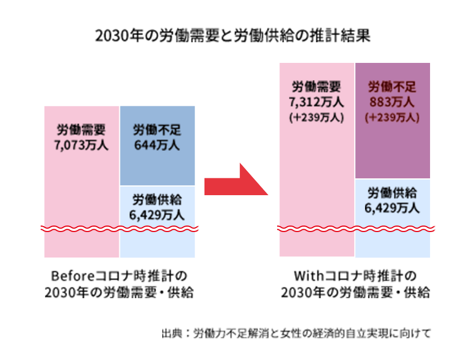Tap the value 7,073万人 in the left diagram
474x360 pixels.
(x=81, y=145)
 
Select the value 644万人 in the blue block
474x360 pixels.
(x=157, y=145)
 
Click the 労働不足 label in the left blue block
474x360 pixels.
(x=157, y=131)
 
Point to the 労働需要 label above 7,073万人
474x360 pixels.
(x=81, y=131)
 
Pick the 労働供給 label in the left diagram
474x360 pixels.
(x=157, y=199)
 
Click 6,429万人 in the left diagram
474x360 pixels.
(x=157, y=214)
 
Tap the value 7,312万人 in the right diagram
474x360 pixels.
(x=317, y=101)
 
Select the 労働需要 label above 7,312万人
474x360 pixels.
(x=317, y=87)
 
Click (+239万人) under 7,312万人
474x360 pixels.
(x=317, y=117)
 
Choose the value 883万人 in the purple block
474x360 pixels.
(x=392, y=101)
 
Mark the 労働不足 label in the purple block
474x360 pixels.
(x=392, y=87)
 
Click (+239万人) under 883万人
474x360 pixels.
(x=392, y=117)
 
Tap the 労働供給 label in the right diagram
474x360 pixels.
(x=392, y=193)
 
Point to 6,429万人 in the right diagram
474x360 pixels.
(x=392, y=208)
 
